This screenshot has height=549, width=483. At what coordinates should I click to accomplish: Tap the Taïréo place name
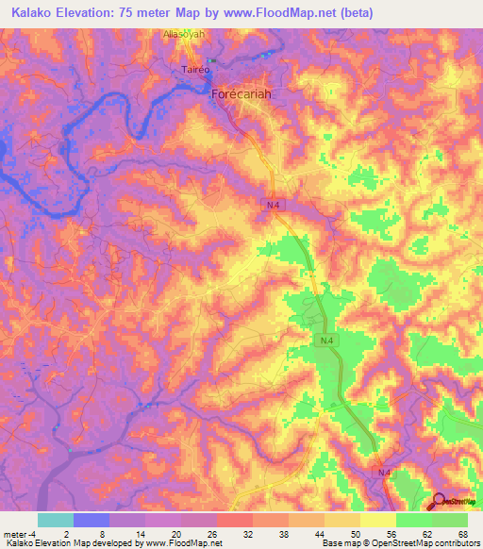(194, 69)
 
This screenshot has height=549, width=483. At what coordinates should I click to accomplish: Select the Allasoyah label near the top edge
(184, 34)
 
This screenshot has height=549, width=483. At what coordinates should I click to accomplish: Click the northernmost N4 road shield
(272, 204)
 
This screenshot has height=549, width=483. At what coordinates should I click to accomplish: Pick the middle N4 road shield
(325, 340)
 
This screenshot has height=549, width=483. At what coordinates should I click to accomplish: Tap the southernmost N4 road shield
(384, 472)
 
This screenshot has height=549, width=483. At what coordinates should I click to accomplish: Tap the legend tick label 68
(461, 535)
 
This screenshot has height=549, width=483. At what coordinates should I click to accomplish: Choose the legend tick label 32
(246, 535)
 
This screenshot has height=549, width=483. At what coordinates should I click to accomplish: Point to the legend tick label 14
(139, 535)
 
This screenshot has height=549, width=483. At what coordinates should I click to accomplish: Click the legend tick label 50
(354, 535)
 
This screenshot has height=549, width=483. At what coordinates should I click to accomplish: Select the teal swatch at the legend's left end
(56, 520)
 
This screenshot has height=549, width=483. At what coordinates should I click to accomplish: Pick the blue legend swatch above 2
(92, 520)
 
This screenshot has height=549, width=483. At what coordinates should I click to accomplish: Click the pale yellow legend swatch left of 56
(377, 520)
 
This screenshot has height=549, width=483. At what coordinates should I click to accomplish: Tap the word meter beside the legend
(16, 535)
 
